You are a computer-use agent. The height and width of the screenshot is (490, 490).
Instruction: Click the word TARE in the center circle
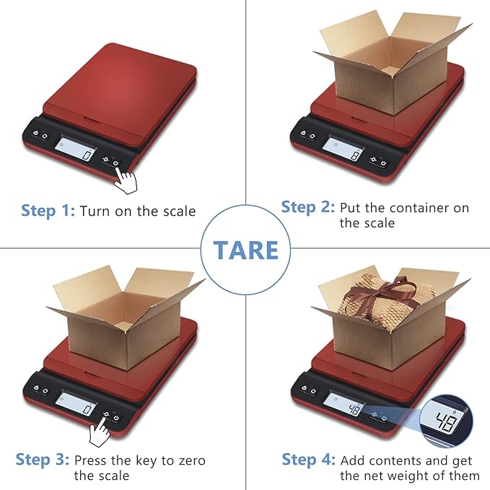tap(245, 250)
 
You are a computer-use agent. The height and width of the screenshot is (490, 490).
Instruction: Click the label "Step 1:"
tap(48, 211)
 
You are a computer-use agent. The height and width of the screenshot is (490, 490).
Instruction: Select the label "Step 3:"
tap(43, 460)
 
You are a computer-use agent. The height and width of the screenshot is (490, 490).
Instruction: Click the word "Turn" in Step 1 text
tap(94, 211)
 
